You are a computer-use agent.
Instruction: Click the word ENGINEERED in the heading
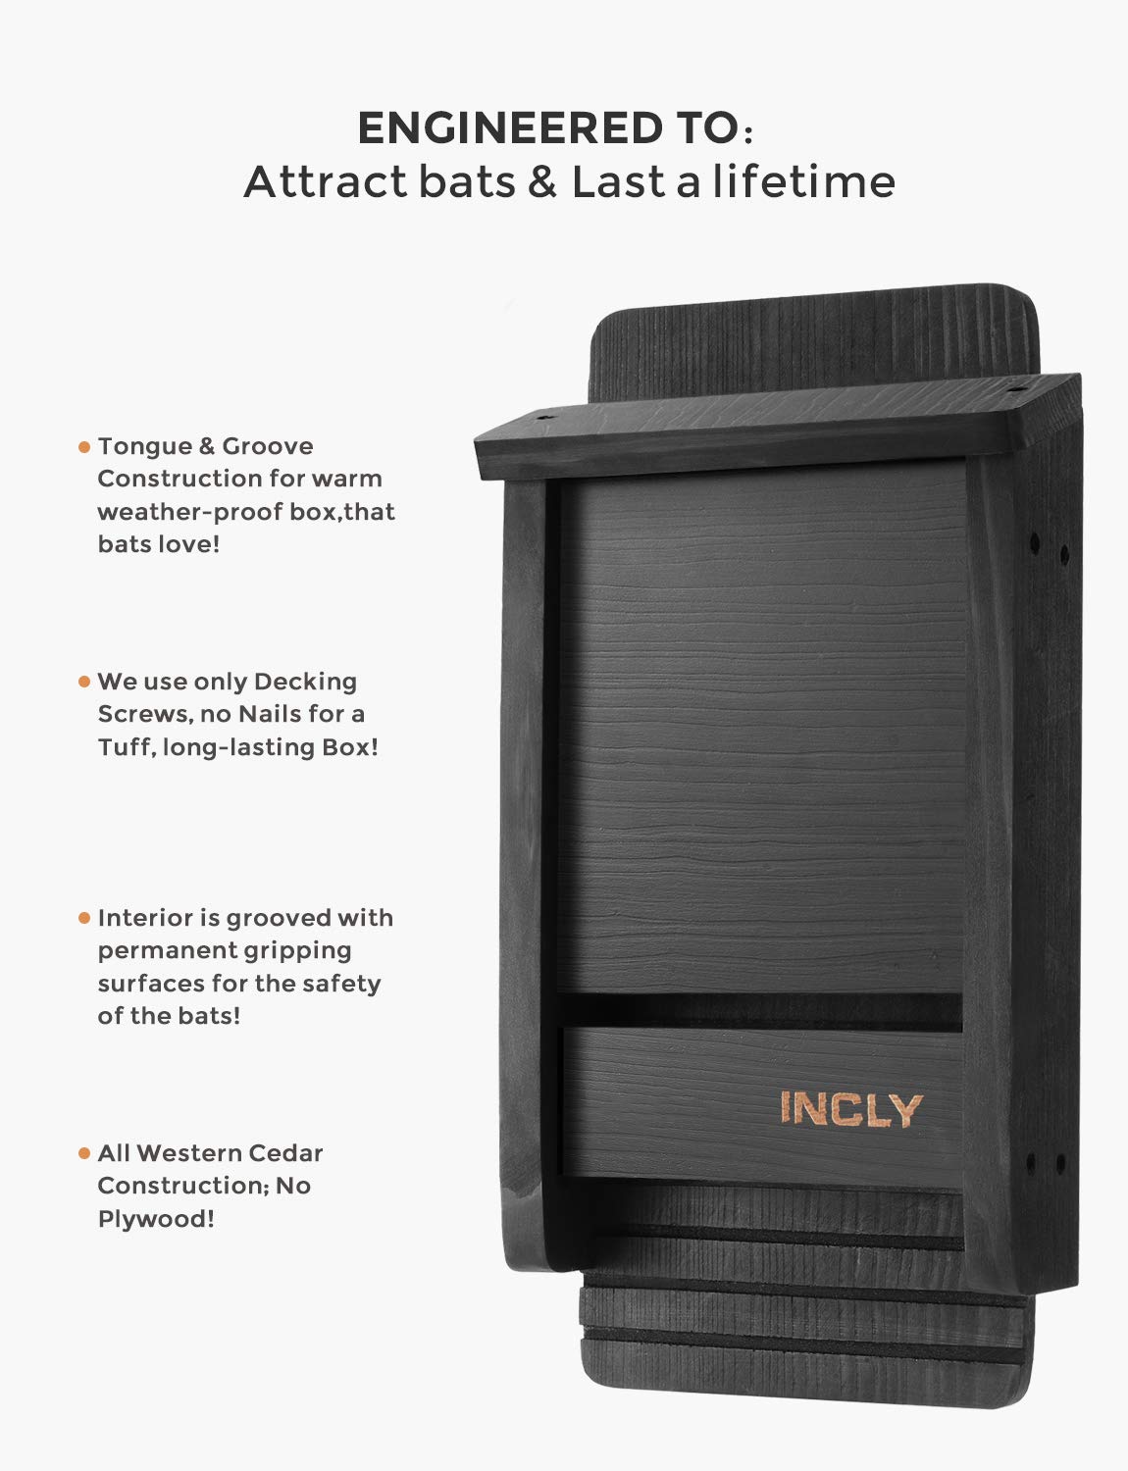point(510,127)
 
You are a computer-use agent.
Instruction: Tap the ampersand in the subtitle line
point(542,181)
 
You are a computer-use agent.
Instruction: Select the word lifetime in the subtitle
point(803,181)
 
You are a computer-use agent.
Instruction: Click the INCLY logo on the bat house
point(851,1109)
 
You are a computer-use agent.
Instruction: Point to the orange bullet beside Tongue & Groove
point(84,447)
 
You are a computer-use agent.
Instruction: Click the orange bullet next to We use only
point(84,682)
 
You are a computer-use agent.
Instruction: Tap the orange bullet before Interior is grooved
point(84,918)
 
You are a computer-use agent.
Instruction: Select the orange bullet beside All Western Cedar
point(84,1153)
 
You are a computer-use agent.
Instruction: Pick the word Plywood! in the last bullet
point(156,1219)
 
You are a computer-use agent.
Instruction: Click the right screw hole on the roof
point(1014,390)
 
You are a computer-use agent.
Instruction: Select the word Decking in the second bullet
point(305,683)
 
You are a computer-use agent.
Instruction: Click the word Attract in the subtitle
point(326,181)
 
